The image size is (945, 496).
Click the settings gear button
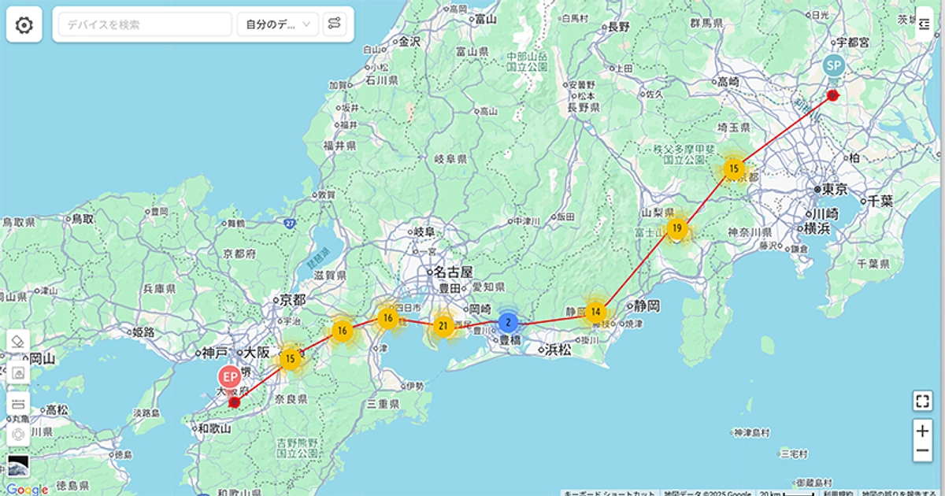coord(24,25)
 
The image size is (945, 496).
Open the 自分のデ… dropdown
coord(277,24)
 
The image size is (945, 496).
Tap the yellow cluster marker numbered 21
coord(443,325)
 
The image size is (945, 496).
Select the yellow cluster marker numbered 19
coord(676,229)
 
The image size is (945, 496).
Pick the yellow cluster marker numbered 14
coord(596,311)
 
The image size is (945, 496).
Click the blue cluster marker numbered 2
coord(508,322)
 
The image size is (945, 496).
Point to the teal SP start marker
coord(833,65)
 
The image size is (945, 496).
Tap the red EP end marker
coord(230,378)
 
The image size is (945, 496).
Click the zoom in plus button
coord(922,431)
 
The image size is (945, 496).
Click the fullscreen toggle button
coord(922,401)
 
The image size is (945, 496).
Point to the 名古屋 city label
coord(454,272)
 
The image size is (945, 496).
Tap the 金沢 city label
coord(409,42)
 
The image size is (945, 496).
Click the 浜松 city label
coord(558,350)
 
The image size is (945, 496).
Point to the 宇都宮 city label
coord(851,42)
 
